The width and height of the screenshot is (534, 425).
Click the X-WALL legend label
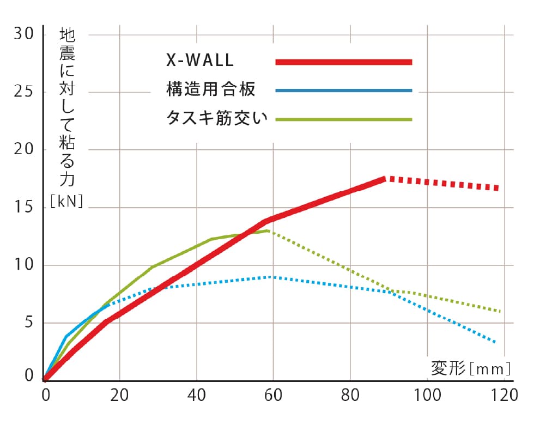[200, 61]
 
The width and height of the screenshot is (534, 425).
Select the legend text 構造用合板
[210, 89]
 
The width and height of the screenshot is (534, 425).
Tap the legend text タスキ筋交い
[217, 118]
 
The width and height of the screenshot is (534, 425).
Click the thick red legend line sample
[343, 62]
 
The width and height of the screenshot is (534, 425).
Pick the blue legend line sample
[343, 90]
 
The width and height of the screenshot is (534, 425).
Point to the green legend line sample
[343, 119]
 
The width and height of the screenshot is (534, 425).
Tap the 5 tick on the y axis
[28, 323]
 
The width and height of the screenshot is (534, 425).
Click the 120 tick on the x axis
[502, 395]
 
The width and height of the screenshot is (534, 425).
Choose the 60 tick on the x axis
[273, 395]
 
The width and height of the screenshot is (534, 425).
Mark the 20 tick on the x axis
[119, 395]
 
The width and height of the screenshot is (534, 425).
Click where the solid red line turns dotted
[385, 178]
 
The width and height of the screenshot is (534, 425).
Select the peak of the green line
[268, 230]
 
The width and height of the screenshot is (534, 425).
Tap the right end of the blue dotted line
[495, 342]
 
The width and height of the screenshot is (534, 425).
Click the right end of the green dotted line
[499, 311]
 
